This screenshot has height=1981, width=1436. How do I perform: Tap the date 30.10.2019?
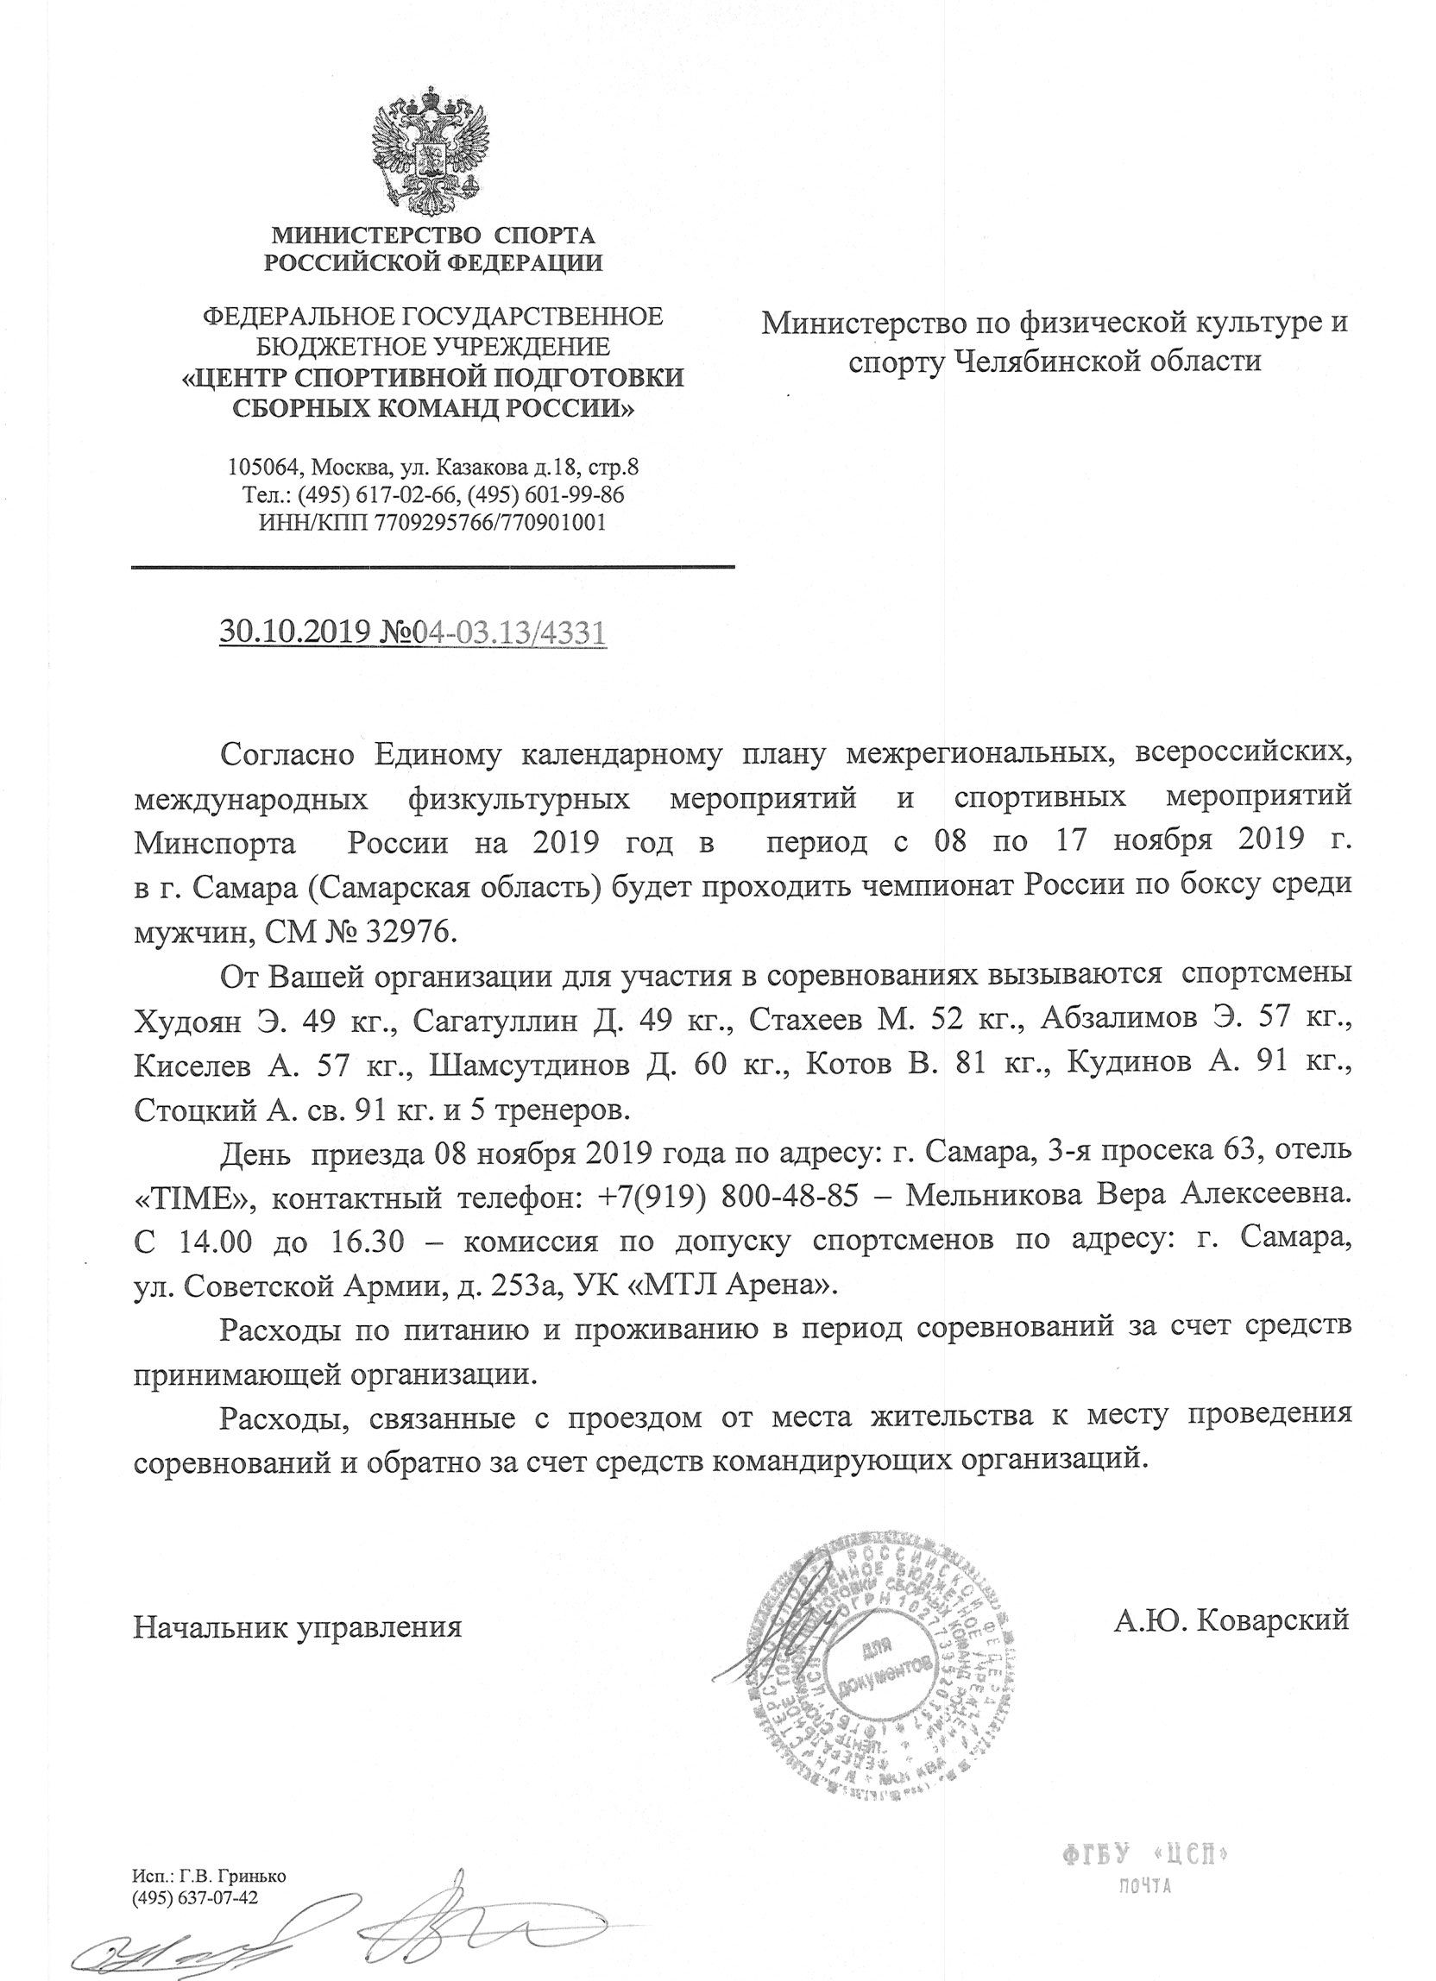291,632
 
